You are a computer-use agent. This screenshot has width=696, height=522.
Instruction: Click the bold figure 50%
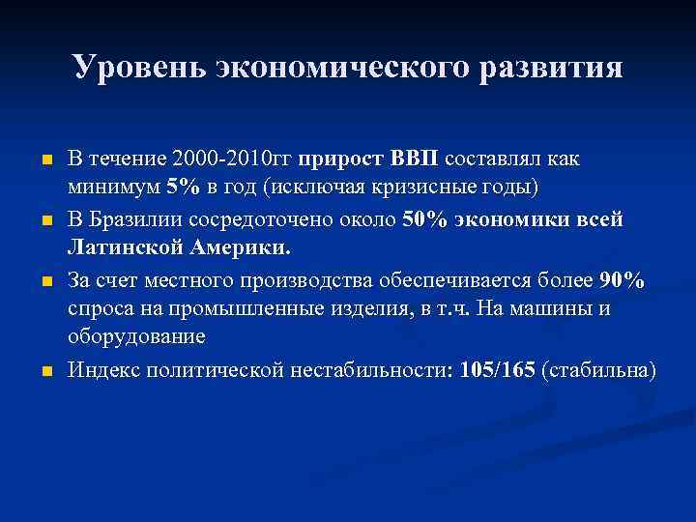422,219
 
